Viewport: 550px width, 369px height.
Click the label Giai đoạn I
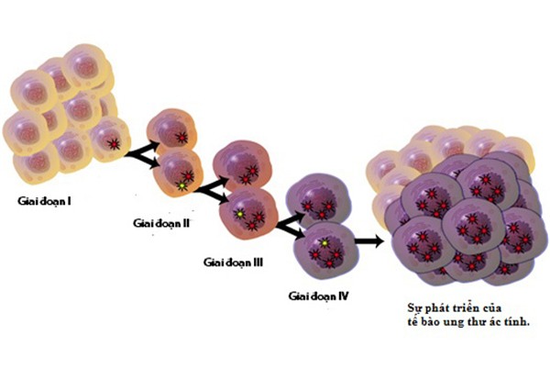(x=44, y=202)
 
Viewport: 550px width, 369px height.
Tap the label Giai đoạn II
(x=161, y=223)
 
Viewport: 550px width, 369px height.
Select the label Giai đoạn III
(x=233, y=263)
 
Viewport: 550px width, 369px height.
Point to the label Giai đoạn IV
(x=318, y=296)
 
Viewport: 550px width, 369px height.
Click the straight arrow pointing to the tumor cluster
(x=369, y=240)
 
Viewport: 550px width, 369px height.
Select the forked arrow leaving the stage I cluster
(x=141, y=154)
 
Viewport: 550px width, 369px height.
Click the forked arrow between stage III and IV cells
(x=291, y=226)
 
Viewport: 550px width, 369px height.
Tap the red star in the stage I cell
(x=114, y=143)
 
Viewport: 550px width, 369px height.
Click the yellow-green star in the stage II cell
(x=181, y=185)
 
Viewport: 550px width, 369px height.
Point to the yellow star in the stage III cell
(x=240, y=214)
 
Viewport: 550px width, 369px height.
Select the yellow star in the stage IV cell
(x=325, y=242)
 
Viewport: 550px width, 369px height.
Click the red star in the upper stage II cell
(x=181, y=138)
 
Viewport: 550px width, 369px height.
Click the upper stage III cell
(x=243, y=165)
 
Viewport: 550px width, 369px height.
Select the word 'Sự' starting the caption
(x=414, y=308)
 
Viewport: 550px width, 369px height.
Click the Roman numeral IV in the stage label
(x=343, y=296)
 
